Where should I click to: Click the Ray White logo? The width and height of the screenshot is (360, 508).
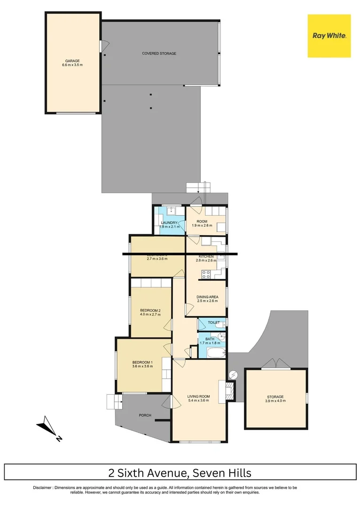click(x=329, y=36)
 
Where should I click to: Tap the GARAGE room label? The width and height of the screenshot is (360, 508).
click(x=72, y=61)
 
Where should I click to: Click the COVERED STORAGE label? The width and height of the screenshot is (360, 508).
click(x=159, y=54)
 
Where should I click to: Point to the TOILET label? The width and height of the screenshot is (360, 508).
click(x=214, y=323)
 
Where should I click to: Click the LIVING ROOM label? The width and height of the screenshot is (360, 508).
click(x=198, y=397)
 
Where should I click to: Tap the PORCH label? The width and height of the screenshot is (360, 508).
click(x=145, y=415)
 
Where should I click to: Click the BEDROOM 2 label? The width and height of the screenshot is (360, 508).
click(x=150, y=310)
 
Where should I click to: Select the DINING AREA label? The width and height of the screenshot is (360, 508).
click(x=207, y=297)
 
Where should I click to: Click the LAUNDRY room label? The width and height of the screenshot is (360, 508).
click(x=169, y=223)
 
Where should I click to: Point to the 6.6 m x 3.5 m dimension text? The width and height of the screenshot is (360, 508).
click(x=72, y=65)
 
